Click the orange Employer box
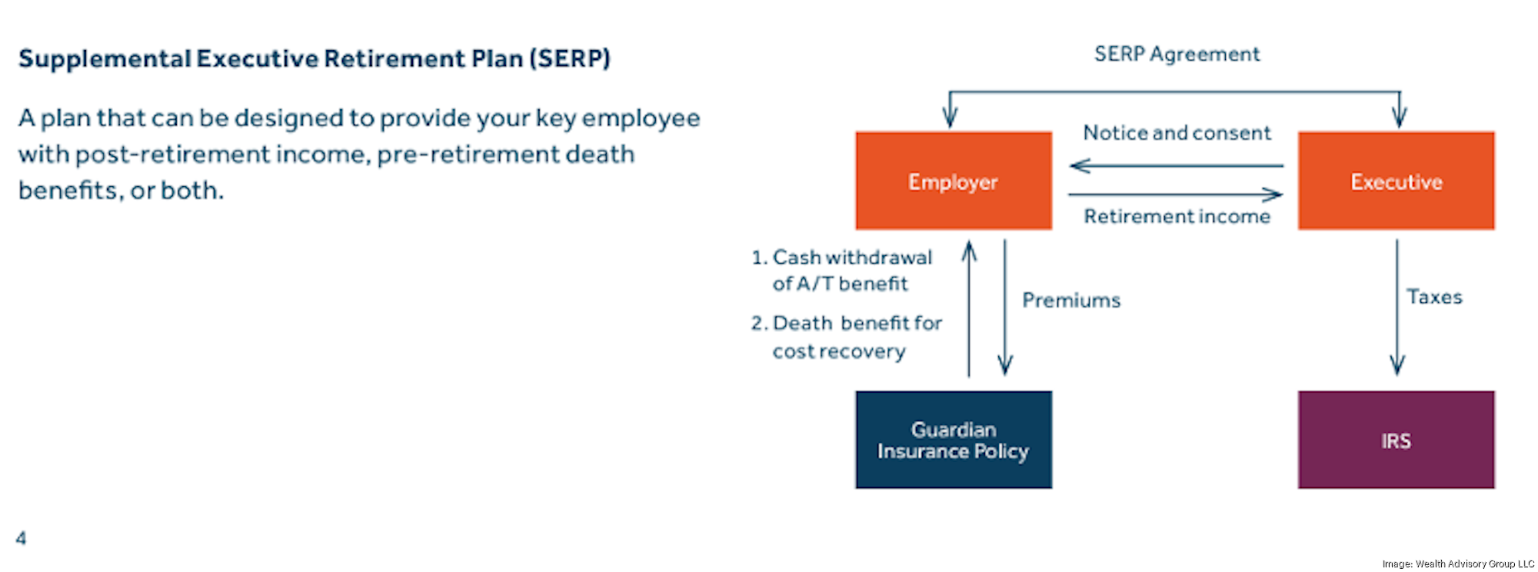point(954,181)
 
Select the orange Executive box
point(1396,181)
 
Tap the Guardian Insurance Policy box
point(954,440)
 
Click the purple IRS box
point(1396,440)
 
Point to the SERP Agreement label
point(1177,55)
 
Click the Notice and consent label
point(1177,133)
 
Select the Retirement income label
point(1177,217)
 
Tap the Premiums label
point(1071,301)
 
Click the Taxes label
point(1434,298)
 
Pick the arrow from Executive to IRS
point(1397,308)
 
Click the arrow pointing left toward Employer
point(1177,165)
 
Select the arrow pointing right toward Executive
point(1177,195)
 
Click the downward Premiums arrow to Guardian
point(1005,308)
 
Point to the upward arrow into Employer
point(969,308)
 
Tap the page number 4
point(21,538)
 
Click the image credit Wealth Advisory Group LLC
point(1458,564)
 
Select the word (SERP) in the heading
point(570,59)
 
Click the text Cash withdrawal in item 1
point(852,258)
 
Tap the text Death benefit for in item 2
point(857,324)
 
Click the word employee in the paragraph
point(641,119)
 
